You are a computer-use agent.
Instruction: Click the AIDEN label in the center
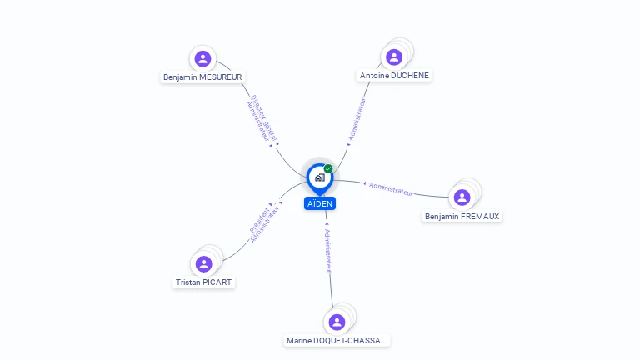320,203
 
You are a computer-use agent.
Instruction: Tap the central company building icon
319,177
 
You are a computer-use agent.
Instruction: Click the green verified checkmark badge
328,168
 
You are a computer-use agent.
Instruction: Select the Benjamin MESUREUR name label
202,77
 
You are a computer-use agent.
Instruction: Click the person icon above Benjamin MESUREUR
202,58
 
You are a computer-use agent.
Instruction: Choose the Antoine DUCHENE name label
395,75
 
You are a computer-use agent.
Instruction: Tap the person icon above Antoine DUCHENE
394,57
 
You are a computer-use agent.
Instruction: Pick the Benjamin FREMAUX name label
462,216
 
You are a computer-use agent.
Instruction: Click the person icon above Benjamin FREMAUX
462,197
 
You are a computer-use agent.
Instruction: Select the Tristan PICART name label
204,282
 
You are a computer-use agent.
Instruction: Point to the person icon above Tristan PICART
204,263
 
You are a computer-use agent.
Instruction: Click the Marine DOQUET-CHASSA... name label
337,340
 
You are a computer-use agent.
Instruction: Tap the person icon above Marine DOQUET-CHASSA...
337,322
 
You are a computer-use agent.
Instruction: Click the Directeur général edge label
265,115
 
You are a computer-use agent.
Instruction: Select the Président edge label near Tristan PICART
258,218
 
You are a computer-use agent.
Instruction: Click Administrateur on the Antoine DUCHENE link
357,119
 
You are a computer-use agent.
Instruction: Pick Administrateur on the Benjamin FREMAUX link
391,188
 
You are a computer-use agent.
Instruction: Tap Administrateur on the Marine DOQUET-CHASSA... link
328,250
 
